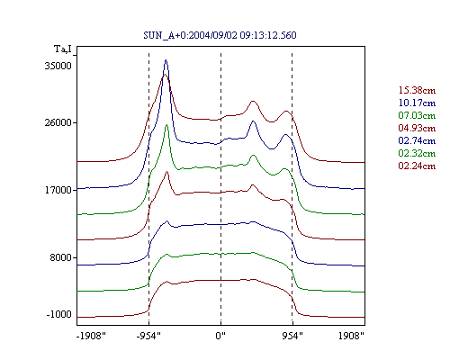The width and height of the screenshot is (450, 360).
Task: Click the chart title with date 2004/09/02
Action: [220, 35]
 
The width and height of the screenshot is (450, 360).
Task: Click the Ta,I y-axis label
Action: [63, 49]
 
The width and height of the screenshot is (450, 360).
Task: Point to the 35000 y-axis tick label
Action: [58, 66]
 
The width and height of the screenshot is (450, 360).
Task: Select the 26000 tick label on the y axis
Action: [58, 122]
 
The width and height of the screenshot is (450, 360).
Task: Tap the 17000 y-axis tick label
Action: [58, 190]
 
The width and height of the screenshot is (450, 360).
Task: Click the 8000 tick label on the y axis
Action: [60, 257]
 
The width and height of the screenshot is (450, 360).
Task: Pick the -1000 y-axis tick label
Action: [59, 314]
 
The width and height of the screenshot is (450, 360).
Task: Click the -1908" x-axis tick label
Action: [91, 336]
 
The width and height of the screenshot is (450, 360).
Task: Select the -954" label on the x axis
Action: [148, 336]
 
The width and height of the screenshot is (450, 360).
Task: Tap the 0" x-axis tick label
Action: [220, 336]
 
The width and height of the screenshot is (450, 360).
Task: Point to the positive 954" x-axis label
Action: [292, 336]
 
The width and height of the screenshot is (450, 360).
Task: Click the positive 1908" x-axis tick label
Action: [351, 336]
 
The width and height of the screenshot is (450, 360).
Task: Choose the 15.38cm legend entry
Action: [417, 90]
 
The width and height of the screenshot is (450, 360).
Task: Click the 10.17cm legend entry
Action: [417, 103]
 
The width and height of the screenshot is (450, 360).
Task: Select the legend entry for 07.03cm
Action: [417, 115]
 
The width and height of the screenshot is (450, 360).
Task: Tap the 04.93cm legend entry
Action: [417, 128]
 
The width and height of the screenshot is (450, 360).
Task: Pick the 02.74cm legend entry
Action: [417, 140]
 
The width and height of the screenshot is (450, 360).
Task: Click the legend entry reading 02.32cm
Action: [417, 153]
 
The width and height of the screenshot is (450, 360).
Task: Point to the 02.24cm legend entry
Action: [417, 166]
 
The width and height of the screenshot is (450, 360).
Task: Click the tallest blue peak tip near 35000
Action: [166, 60]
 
